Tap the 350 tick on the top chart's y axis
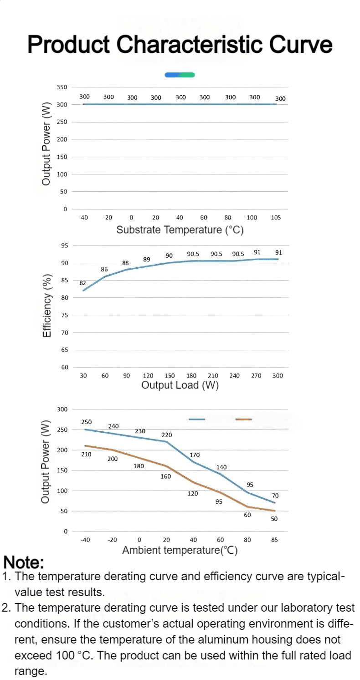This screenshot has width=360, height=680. pos(62,87)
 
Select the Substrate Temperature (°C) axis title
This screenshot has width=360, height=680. pos(180,230)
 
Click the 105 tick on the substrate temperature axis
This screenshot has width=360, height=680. pos(276,217)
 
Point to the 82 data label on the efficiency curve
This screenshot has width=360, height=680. pos(82,283)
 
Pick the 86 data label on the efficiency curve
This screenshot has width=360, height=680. pos(104,269)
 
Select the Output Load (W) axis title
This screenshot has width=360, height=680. pos(180,385)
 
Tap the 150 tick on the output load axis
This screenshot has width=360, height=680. pos(170,375)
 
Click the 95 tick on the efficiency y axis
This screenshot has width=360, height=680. pos(65,245)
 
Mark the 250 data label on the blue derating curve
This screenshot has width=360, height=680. pos(86,422)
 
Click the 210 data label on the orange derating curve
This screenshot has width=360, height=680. pos(86,455)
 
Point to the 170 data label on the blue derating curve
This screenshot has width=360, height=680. pos(195,455)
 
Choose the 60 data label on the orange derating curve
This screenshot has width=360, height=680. pos(247,515)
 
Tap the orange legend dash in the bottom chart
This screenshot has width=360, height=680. pos(244,419)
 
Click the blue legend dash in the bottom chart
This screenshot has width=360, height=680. pos(196,419)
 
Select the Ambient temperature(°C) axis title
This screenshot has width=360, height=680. pos(180,550)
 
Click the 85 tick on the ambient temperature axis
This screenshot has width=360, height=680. pos(274,540)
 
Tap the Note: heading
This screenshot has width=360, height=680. pos(24,562)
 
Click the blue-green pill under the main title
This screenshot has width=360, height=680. pos(180,75)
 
